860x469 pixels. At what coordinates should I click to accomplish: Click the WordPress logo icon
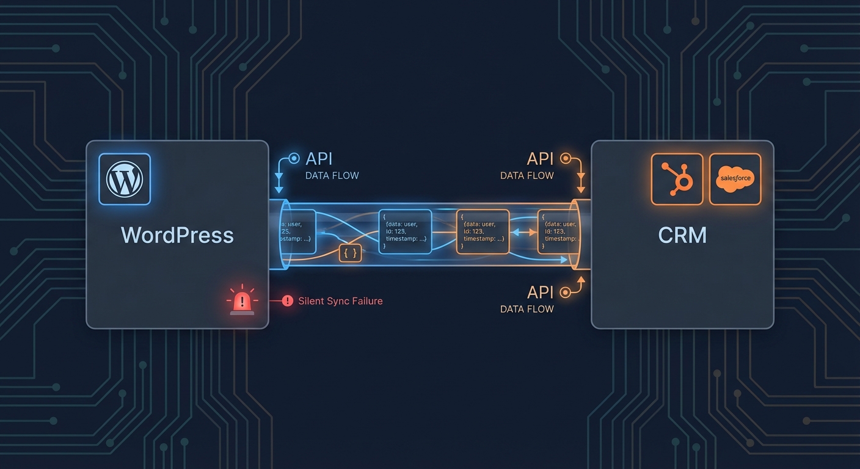(x=125, y=179)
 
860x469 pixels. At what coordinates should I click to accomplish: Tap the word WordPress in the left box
(x=177, y=235)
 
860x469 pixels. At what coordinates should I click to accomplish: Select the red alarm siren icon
(x=242, y=300)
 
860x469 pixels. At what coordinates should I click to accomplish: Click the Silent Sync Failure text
(x=340, y=301)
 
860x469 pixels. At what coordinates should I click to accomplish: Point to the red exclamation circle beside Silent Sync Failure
(x=288, y=301)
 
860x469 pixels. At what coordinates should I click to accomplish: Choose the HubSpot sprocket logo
(x=677, y=179)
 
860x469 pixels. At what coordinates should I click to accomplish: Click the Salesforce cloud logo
(x=735, y=179)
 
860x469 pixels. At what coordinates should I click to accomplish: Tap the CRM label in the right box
(x=682, y=235)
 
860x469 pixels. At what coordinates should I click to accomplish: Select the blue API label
(x=319, y=159)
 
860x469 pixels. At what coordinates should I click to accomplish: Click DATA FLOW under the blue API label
(x=332, y=176)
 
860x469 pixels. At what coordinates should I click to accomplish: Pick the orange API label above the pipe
(x=540, y=159)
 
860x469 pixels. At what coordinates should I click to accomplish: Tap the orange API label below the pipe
(x=540, y=293)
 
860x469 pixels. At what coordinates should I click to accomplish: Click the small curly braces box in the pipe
(x=351, y=253)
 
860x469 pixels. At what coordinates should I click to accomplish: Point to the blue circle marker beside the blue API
(x=294, y=159)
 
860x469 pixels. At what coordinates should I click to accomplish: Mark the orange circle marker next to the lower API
(x=566, y=293)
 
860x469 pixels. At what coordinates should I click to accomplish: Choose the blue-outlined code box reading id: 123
(x=405, y=231)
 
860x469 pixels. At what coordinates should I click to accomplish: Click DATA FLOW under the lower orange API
(x=527, y=309)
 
